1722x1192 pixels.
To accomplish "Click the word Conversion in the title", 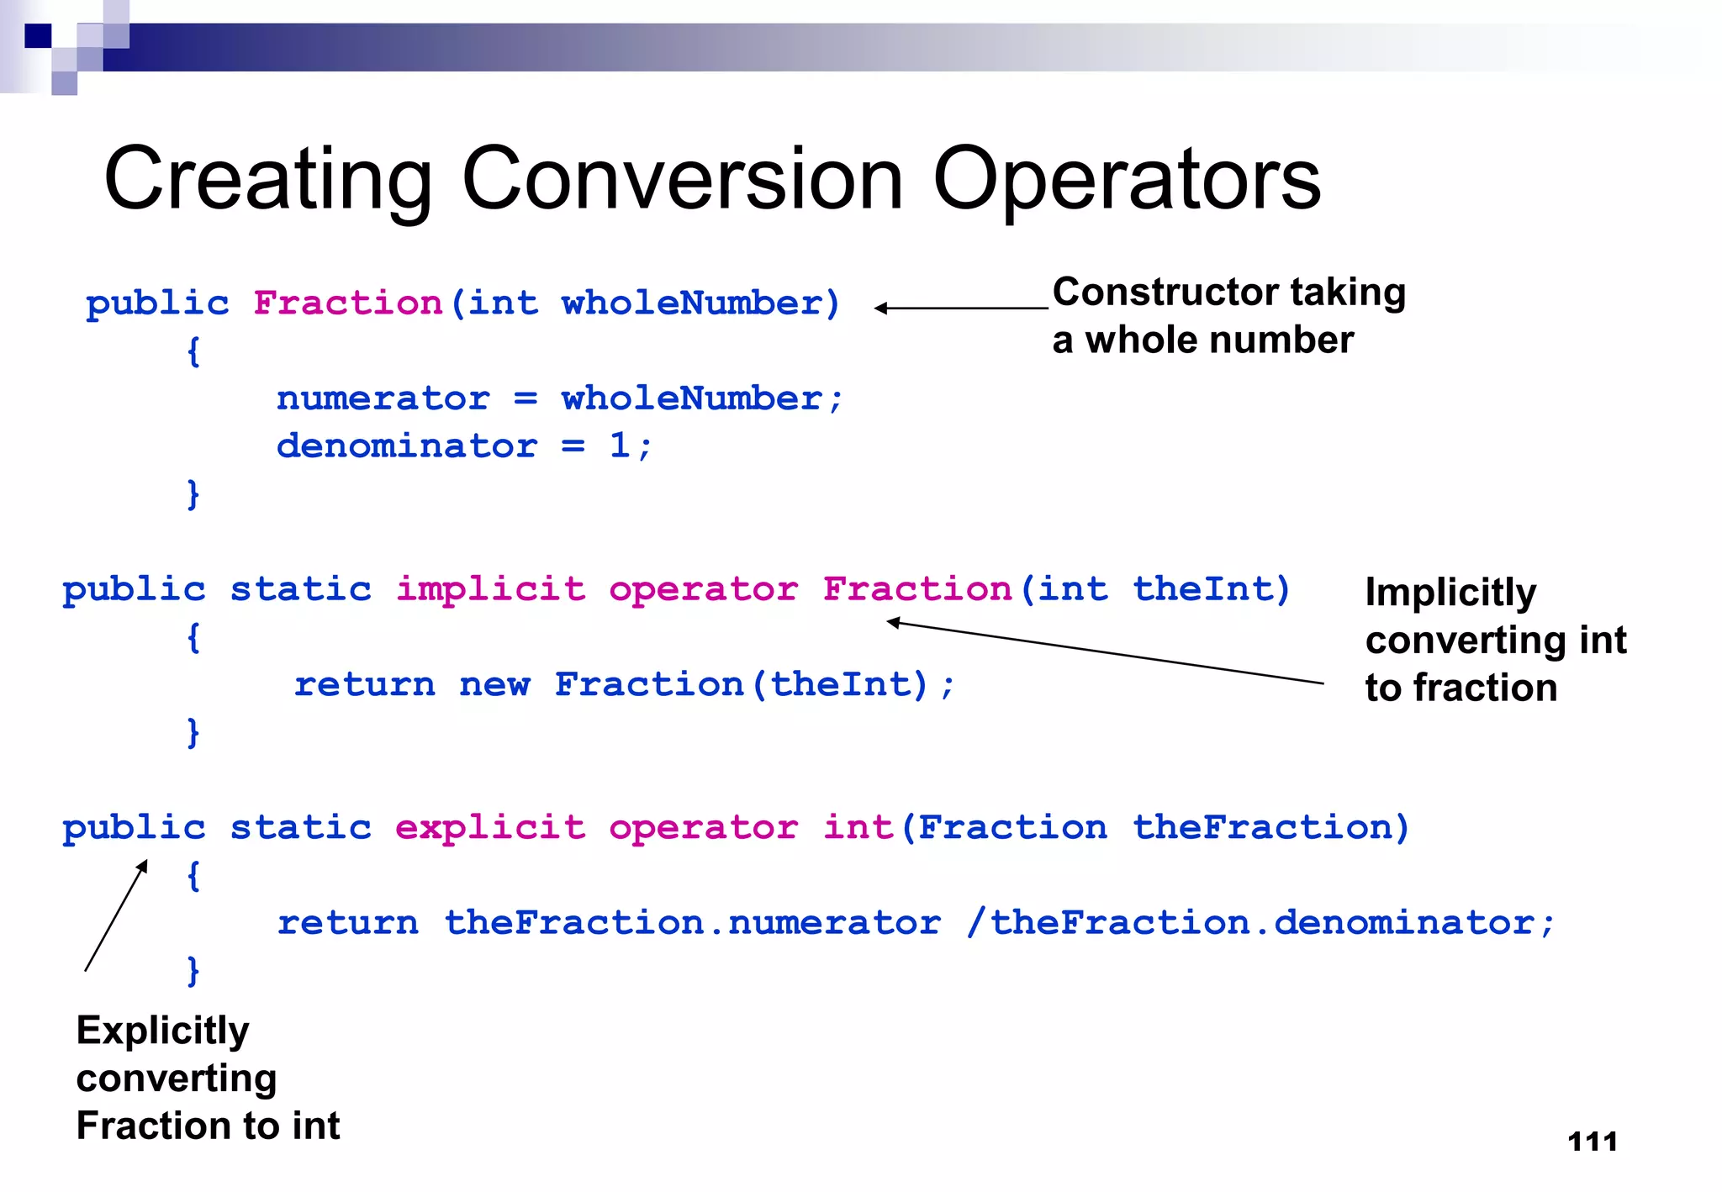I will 682,179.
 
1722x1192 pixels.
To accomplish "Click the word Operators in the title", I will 1127,179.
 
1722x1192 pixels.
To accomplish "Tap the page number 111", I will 1593,1142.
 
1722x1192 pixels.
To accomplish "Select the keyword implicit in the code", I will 490,588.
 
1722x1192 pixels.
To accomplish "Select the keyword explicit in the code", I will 490,827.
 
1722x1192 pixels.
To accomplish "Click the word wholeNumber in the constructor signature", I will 691,303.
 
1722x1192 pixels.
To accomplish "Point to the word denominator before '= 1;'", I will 406,446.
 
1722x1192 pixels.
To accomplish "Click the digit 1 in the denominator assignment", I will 619,446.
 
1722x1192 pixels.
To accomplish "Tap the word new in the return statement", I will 494,684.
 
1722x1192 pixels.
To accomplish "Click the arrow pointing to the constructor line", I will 961,309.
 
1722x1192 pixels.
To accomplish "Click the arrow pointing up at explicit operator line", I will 116,915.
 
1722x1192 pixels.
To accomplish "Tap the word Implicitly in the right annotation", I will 1450,592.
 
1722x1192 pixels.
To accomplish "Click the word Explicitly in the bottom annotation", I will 162,1031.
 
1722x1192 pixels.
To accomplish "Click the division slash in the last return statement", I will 975,923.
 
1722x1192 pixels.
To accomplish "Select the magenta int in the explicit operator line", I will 858,827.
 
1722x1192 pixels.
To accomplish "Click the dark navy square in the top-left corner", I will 38,36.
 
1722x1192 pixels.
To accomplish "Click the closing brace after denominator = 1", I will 193,493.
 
